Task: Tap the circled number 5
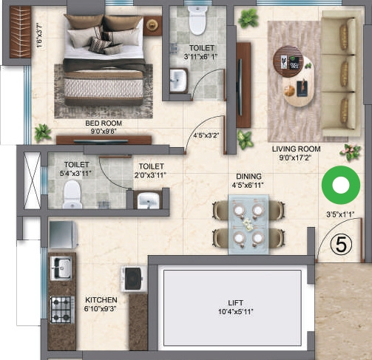tap(338, 245)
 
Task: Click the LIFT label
tap(236, 303)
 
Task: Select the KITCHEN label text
tap(101, 299)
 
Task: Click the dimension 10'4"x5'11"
tap(236, 312)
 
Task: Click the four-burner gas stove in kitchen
tap(61, 305)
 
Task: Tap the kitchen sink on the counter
tap(61, 267)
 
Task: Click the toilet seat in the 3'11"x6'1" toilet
tap(196, 21)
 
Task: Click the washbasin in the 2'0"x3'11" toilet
tap(148, 200)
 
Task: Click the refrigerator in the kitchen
tap(64, 234)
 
